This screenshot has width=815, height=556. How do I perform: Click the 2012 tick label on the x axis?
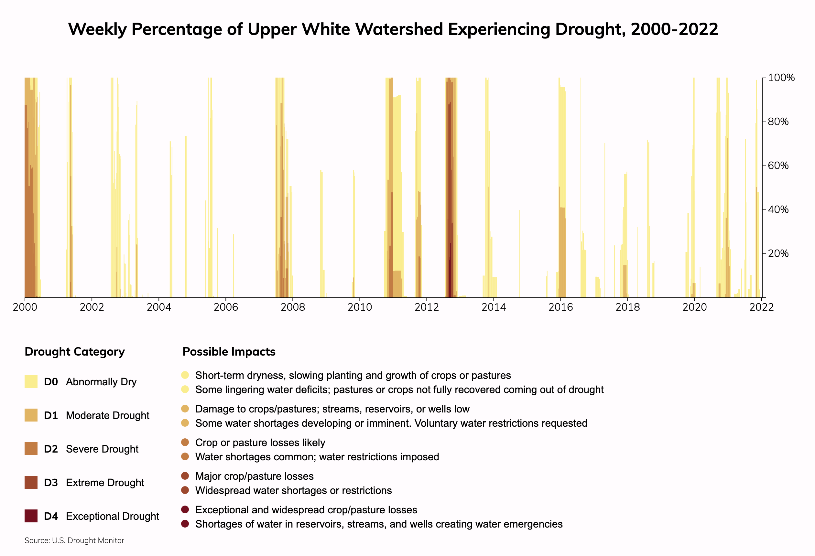[x=427, y=307]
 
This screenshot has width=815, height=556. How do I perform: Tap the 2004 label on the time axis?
[x=158, y=307]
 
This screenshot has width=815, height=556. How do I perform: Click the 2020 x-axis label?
[x=694, y=307]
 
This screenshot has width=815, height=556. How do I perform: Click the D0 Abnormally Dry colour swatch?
[x=31, y=381]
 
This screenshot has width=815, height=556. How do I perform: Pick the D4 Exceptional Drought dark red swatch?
[x=31, y=516]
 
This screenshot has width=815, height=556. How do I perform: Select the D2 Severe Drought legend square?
[x=31, y=449]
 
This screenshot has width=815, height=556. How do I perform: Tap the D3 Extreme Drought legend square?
[x=31, y=482]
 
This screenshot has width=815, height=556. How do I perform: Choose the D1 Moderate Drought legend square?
[x=31, y=415]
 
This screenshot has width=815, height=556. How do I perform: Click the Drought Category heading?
[x=75, y=352]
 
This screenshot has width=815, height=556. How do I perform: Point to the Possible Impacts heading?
[x=229, y=352]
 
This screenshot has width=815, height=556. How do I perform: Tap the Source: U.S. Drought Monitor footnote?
[x=74, y=540]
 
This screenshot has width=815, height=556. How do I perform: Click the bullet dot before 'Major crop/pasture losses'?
[x=185, y=476]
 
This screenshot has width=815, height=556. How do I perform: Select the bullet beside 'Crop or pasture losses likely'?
[x=185, y=443]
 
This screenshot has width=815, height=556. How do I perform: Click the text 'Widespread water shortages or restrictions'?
[x=293, y=490]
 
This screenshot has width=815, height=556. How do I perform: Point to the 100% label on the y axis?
[x=781, y=78]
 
